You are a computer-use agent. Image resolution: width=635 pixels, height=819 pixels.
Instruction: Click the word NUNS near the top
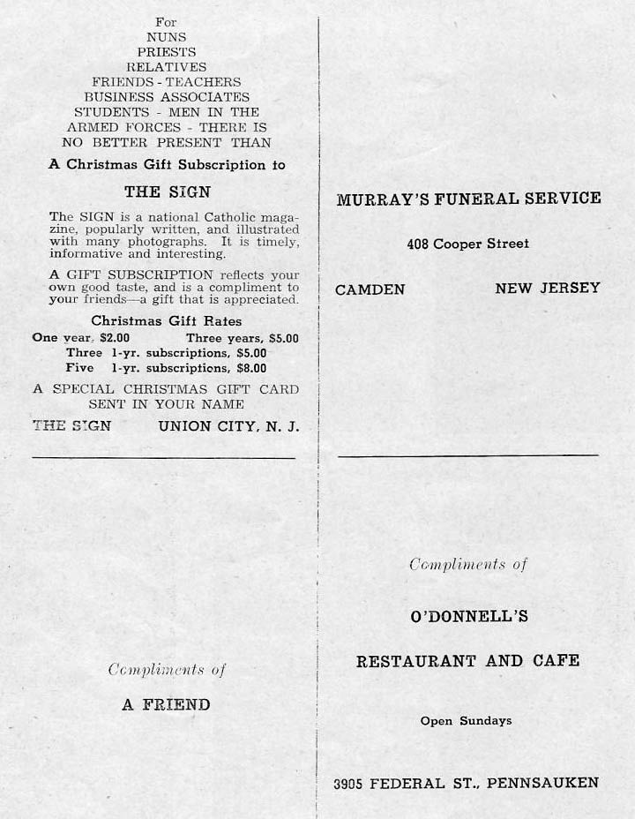point(166,37)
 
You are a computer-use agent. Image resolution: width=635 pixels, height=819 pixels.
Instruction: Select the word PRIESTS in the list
point(166,52)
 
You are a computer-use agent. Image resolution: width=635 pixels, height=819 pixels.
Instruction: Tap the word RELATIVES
point(166,67)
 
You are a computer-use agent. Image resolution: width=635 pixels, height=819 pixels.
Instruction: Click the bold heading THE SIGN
point(167,192)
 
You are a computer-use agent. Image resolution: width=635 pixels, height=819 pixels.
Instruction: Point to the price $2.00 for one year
point(114,338)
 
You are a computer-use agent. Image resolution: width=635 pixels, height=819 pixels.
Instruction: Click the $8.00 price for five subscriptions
point(251,368)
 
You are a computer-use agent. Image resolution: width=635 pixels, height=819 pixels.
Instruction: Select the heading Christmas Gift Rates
point(166,321)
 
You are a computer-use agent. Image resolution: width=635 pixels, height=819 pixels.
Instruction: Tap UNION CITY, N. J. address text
point(228,426)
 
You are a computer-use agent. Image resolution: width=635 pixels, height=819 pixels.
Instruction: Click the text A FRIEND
point(166,704)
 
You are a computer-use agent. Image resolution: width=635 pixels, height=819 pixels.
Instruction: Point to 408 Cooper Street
point(468,244)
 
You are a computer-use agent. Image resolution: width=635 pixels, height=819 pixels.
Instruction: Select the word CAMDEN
point(370,289)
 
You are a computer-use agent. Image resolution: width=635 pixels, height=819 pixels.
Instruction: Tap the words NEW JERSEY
point(547,288)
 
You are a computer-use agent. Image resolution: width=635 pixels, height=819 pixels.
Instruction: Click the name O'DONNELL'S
point(469,617)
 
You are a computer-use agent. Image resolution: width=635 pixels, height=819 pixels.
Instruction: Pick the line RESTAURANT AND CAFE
point(468,661)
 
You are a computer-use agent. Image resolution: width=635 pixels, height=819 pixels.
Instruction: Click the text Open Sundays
point(466,721)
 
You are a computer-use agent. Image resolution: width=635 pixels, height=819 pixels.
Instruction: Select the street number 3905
point(348,783)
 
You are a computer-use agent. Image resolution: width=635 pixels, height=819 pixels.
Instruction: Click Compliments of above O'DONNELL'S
point(467,565)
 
